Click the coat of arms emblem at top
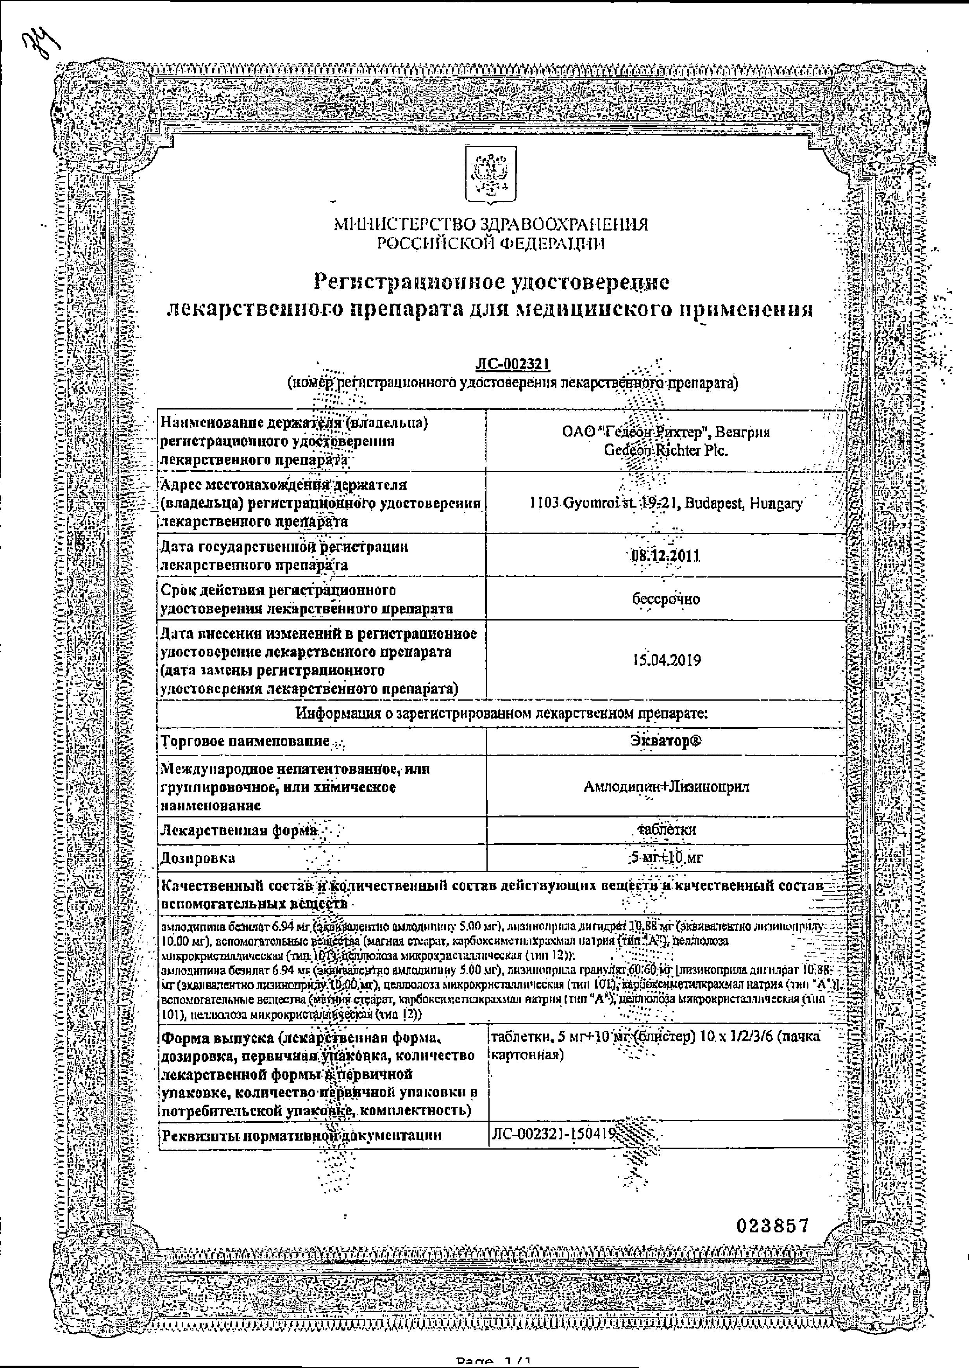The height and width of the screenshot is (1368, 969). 490,177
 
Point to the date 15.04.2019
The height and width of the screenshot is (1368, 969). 666,660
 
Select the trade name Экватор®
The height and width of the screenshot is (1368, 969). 665,741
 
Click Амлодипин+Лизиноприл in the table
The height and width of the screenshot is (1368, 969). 666,787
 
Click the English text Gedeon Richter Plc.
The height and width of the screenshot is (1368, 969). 666,451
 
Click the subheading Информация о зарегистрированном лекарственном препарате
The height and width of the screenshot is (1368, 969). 502,713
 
